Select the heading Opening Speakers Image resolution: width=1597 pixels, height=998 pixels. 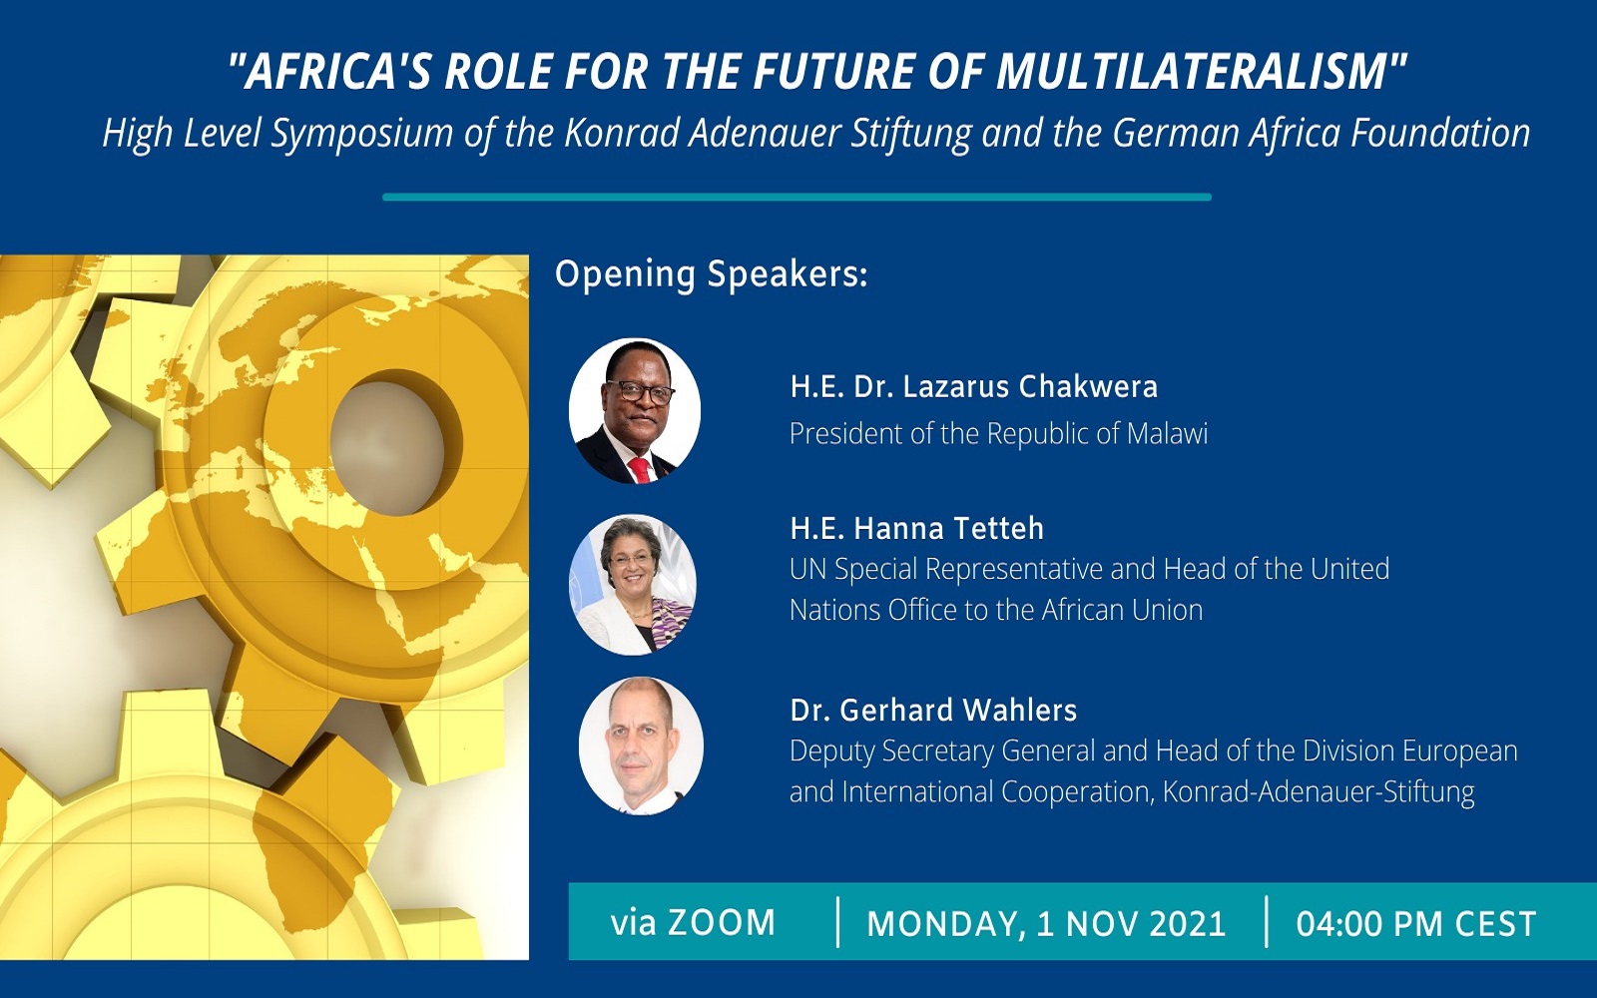(x=711, y=274)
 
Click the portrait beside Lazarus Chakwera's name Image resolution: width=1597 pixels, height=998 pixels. (x=635, y=411)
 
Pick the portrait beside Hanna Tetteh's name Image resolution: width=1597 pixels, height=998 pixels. (x=633, y=585)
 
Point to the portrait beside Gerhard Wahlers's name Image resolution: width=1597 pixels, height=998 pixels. (x=641, y=747)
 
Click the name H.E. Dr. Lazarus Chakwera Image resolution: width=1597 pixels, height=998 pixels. (x=973, y=386)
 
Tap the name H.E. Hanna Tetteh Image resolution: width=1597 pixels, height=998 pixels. (x=916, y=528)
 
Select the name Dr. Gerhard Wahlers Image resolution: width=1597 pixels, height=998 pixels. (x=933, y=710)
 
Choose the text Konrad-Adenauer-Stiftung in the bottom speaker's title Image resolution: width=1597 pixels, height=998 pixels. (x=1319, y=792)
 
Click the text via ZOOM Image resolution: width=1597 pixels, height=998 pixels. (x=693, y=922)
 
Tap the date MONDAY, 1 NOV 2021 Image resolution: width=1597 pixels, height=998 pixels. (x=1046, y=923)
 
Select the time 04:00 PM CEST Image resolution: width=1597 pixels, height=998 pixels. (x=1415, y=923)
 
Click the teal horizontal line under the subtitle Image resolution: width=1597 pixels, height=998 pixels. (x=797, y=198)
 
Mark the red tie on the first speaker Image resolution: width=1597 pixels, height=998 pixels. (x=640, y=470)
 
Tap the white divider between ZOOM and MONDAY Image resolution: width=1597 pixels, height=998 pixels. (x=837, y=922)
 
